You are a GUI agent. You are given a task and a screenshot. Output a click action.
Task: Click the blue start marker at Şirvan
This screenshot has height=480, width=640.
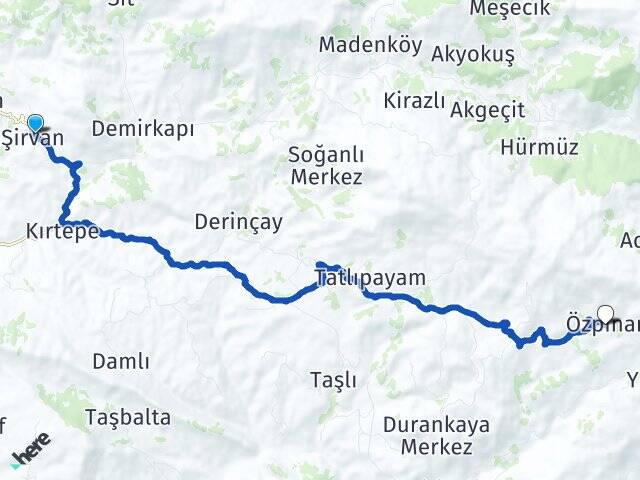(x=36, y=124)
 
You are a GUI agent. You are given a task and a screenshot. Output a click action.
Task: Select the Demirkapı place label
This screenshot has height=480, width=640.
(x=142, y=129)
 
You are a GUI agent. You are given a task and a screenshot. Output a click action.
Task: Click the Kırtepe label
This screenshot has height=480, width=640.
(x=62, y=233)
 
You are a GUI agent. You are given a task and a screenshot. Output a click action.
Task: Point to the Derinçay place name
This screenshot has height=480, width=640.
(x=239, y=222)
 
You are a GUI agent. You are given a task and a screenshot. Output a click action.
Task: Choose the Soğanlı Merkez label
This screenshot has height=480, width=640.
(x=325, y=166)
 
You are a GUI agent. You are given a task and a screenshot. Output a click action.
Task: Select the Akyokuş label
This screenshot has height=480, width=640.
(x=473, y=55)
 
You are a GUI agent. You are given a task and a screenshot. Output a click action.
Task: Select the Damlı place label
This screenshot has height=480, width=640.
(x=121, y=361)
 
